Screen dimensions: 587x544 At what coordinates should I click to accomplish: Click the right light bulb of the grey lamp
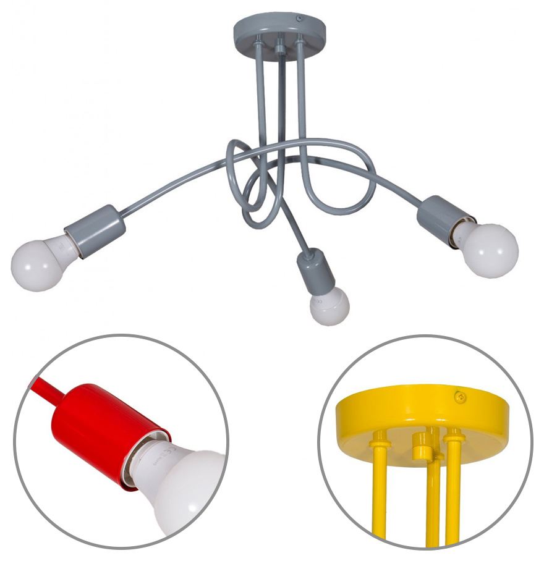(490, 250)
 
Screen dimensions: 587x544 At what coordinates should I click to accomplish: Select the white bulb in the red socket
(185, 488)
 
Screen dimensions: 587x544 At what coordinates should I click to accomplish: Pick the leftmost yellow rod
(378, 488)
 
